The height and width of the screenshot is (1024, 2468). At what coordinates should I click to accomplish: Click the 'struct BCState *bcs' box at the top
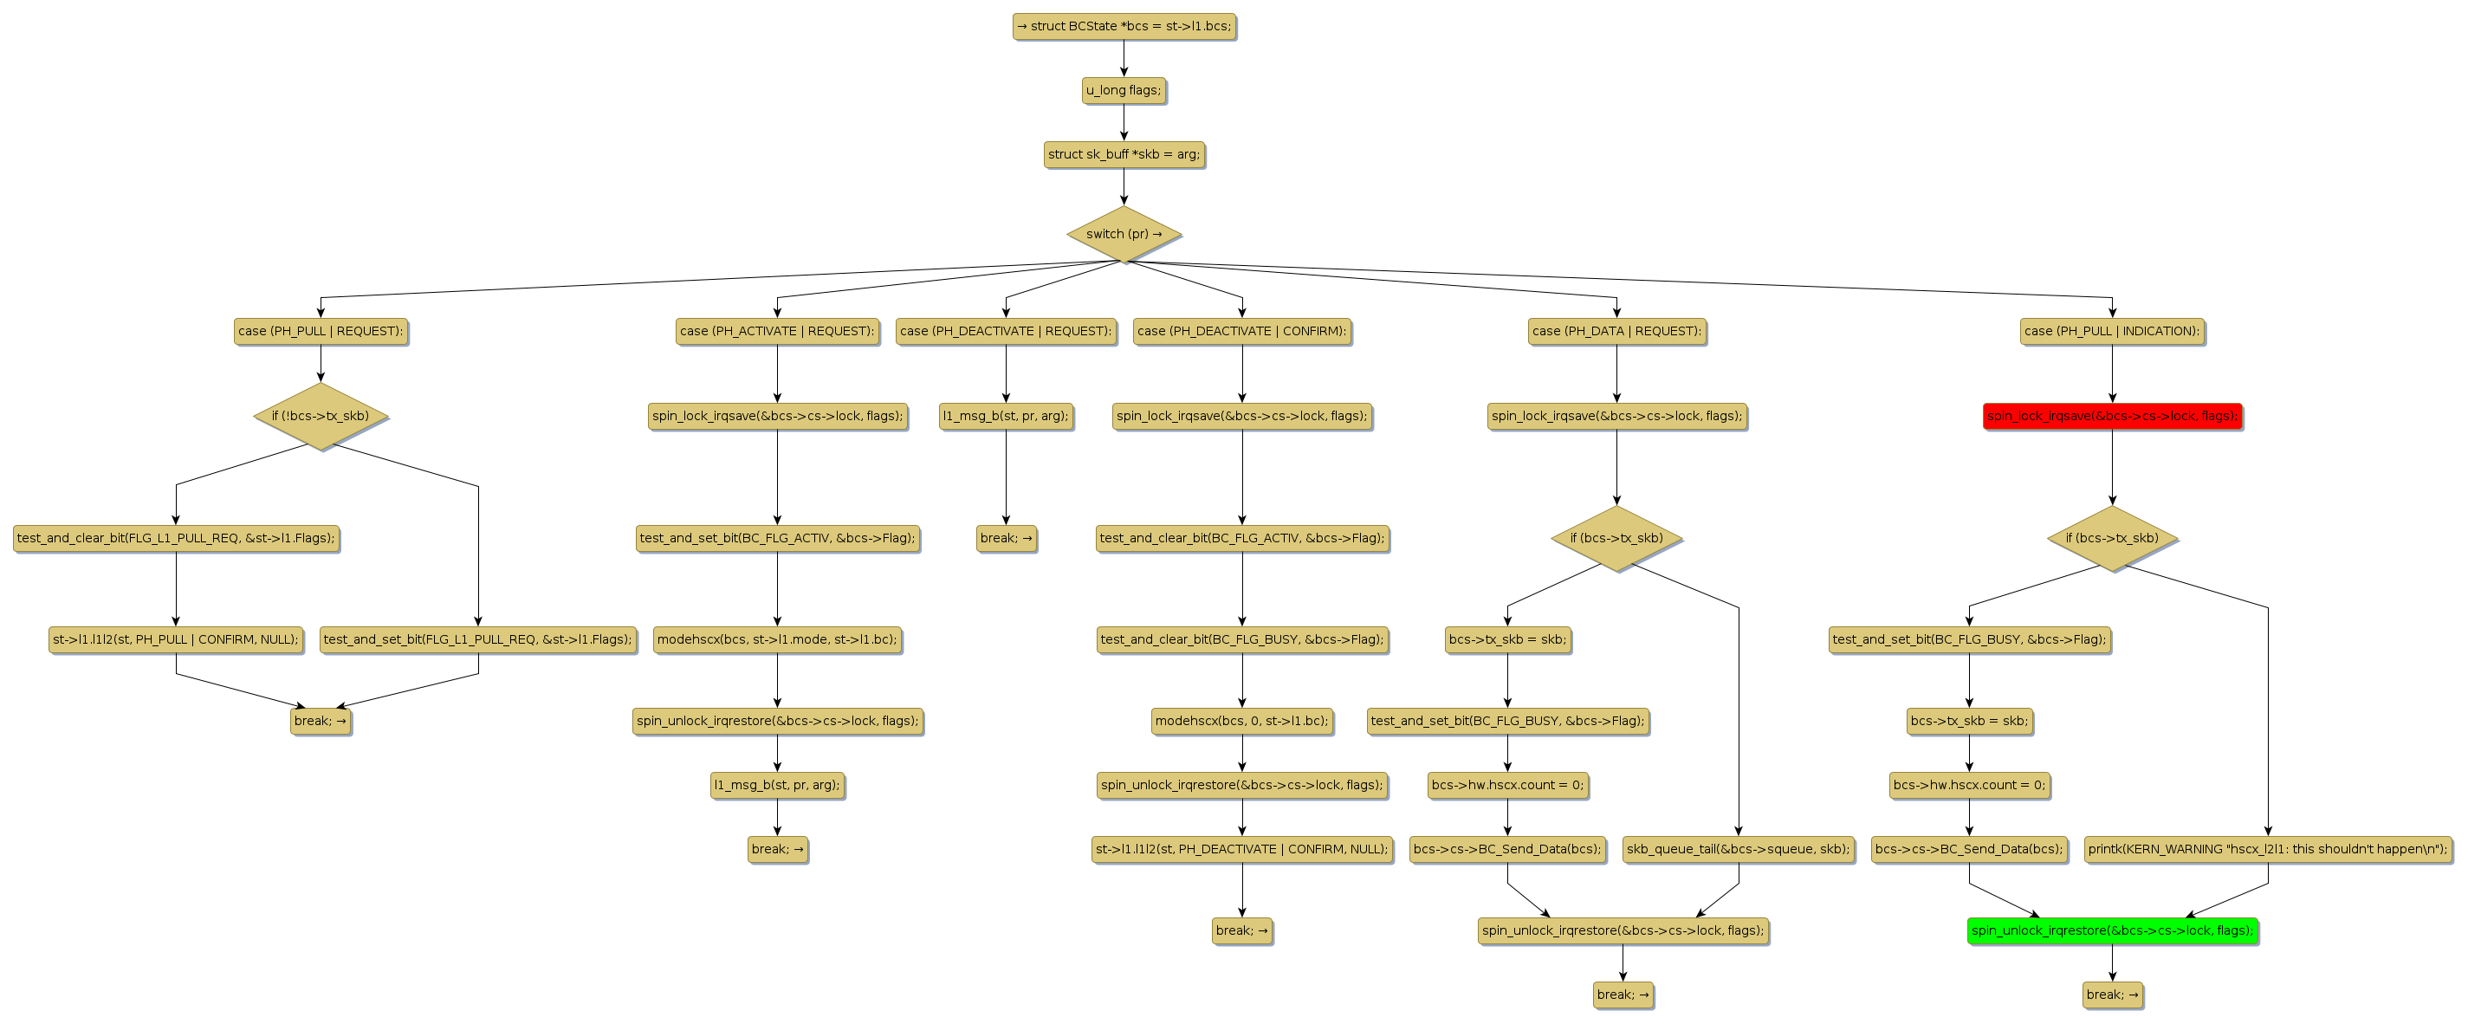pos(1124,26)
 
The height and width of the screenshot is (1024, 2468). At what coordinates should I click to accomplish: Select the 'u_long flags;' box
pos(1124,90)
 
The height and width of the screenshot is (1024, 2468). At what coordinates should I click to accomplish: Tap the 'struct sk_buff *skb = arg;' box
pos(1124,154)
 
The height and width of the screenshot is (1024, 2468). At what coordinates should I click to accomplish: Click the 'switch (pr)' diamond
pos(1124,234)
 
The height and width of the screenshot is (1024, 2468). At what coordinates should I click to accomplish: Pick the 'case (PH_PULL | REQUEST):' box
pos(321,332)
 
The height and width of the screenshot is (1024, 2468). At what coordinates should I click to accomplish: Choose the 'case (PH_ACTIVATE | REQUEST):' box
pos(777,332)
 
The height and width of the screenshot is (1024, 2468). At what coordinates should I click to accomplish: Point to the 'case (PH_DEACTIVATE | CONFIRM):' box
pos(1241,332)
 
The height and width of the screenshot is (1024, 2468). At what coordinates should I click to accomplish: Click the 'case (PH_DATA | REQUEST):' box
pos(1616,332)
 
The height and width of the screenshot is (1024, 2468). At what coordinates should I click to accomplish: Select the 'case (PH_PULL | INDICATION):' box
pos(2112,332)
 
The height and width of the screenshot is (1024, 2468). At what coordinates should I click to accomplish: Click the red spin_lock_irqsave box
pos(2112,416)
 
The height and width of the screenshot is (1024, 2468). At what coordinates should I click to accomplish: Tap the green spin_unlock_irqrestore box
pos(2112,930)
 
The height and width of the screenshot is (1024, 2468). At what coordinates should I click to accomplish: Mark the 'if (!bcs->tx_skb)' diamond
pos(321,416)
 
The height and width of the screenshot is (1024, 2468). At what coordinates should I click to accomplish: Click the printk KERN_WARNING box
pos(2267,849)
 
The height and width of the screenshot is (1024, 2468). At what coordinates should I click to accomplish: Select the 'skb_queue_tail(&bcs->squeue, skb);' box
pos(1738,849)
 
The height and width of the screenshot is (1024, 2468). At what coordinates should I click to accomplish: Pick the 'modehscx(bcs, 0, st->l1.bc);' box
pos(1241,720)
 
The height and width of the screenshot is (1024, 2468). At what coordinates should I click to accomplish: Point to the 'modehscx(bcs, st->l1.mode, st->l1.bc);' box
pos(777,639)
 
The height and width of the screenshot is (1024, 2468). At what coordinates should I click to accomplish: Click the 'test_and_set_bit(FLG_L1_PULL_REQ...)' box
pos(478,639)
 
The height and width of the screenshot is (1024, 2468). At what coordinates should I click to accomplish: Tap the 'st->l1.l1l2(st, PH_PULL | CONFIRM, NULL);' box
pos(177,639)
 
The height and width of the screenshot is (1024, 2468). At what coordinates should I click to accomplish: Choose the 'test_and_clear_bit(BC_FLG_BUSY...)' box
pos(1241,639)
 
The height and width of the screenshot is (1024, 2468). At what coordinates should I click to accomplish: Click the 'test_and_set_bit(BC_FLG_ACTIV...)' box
pos(777,537)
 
